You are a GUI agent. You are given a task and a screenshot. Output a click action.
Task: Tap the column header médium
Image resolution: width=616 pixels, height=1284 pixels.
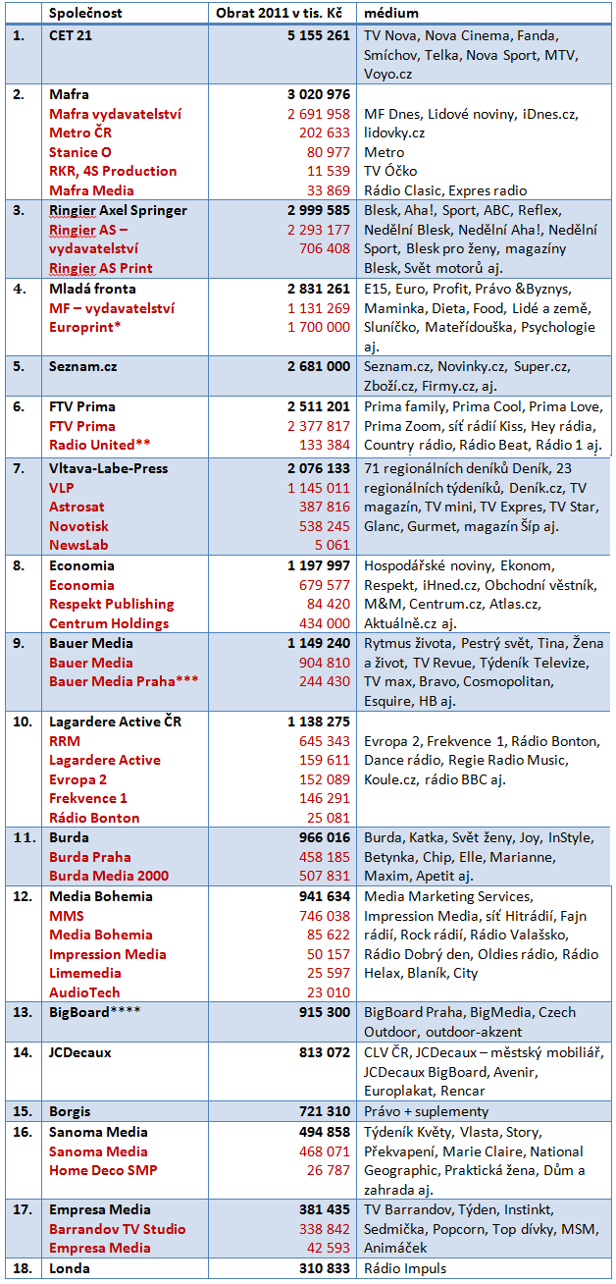click(391, 14)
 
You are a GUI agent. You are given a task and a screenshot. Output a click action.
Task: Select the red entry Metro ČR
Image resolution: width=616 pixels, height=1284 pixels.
click(82, 133)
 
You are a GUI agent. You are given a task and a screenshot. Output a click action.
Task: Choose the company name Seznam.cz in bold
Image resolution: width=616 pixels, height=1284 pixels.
click(82, 366)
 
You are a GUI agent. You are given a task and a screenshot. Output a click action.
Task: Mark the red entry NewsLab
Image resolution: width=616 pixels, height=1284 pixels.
click(78, 546)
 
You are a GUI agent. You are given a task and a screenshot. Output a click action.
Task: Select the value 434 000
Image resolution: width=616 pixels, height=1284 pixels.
click(323, 623)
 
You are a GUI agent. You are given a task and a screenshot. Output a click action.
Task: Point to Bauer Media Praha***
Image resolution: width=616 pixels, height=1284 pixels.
click(125, 681)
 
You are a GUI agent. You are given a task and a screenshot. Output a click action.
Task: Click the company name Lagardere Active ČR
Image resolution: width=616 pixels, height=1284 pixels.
click(115, 722)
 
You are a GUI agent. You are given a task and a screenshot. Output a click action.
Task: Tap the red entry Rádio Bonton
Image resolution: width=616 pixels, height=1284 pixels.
click(94, 818)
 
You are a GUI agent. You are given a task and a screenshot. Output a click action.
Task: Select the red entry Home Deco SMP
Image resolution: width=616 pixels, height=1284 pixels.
click(103, 1170)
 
